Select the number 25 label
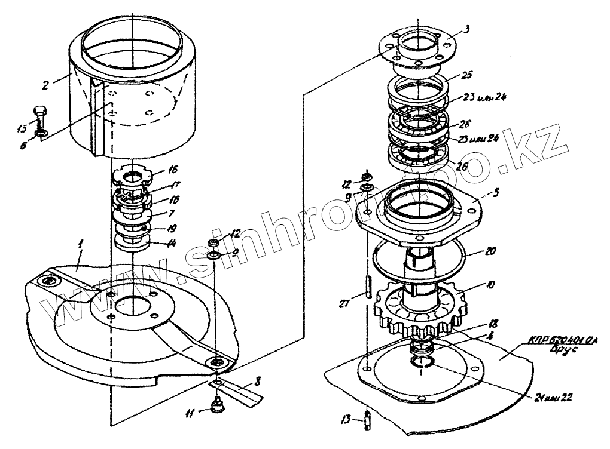tap(467, 76)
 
